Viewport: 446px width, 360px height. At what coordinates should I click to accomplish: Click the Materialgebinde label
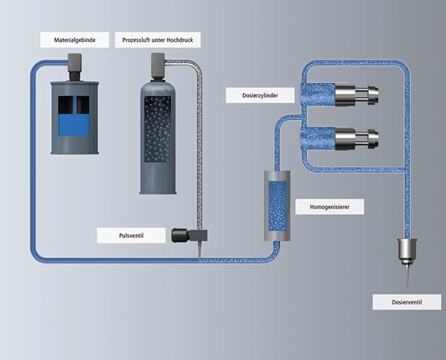[75, 40]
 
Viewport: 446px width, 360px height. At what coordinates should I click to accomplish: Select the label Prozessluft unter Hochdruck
[158, 40]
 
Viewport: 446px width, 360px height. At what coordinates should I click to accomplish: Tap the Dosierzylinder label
[260, 96]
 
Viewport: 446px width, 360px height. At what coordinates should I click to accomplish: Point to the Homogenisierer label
[329, 206]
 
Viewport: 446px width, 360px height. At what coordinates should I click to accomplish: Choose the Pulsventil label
[131, 236]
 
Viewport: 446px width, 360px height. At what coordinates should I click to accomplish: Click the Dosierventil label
[407, 302]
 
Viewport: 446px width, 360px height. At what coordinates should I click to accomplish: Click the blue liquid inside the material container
[74, 125]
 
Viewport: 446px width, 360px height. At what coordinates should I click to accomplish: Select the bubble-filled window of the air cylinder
[158, 128]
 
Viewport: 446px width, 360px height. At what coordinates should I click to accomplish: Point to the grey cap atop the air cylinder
[158, 65]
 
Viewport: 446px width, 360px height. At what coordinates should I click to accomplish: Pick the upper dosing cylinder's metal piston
[356, 95]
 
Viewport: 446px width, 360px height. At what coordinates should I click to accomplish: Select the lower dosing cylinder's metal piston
[356, 139]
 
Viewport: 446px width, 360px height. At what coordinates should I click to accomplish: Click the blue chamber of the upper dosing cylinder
[318, 95]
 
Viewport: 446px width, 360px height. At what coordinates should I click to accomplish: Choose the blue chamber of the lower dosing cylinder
[318, 138]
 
